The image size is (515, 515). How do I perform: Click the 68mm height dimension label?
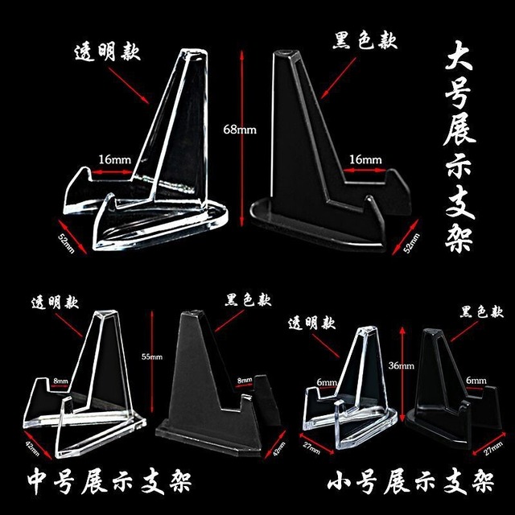click(x=240, y=130)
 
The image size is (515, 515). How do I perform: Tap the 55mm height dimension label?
click(x=152, y=356)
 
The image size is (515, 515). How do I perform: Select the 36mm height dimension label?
click(x=401, y=365)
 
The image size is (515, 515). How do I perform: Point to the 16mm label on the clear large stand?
click(x=115, y=160)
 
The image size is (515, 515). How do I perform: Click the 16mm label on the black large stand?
click(x=365, y=160)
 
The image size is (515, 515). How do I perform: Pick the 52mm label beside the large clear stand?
click(x=67, y=243)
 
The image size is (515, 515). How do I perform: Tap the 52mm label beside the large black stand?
click(x=411, y=243)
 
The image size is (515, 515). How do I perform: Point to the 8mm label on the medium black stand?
click(x=245, y=381)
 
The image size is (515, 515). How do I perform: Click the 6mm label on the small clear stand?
click(x=327, y=382)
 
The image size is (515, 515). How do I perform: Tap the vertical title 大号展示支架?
click(x=459, y=146)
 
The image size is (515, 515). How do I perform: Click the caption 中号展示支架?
click(x=109, y=482)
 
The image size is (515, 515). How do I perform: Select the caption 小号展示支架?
click(x=410, y=483)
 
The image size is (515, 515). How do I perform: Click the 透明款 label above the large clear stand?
click(x=108, y=52)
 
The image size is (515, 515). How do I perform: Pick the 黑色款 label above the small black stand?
click(x=481, y=312)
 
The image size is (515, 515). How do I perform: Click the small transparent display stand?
click(x=350, y=389)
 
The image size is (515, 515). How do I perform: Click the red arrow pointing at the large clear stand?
click(x=129, y=85)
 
